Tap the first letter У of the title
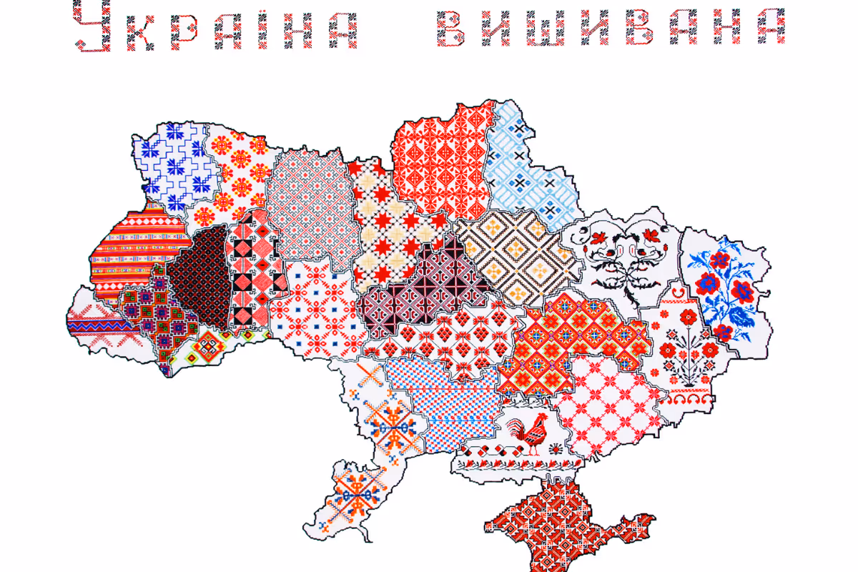(x=94, y=27)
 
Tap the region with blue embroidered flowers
(x=724, y=286)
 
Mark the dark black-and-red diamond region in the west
(x=200, y=279)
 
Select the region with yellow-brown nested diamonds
(x=515, y=257)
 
